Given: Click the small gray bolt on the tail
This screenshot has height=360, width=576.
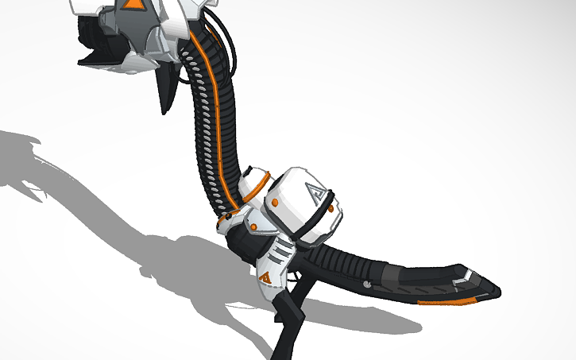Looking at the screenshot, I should coord(366,282).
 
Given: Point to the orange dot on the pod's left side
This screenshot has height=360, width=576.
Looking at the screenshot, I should coord(274,203).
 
